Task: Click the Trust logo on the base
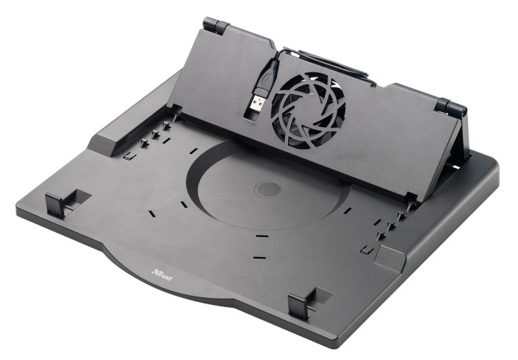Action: coord(162,275)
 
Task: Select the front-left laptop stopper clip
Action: coord(55,205)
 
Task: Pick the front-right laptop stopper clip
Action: coord(299,306)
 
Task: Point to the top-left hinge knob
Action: coord(216,25)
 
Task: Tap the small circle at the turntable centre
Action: coord(268,189)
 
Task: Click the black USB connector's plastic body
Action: coord(266,78)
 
